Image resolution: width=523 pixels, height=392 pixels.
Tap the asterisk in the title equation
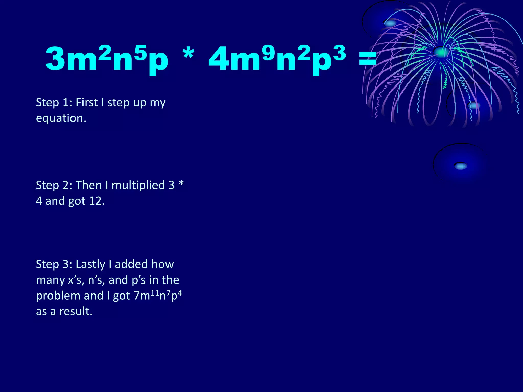click(188, 54)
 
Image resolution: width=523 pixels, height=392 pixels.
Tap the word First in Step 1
click(87, 102)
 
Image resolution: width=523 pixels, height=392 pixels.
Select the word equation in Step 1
click(61, 118)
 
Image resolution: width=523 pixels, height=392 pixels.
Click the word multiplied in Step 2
click(138, 185)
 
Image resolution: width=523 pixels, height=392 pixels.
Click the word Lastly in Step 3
click(90, 264)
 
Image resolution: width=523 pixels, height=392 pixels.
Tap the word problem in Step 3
click(58, 296)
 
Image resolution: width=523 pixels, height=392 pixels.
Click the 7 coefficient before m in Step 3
click(137, 296)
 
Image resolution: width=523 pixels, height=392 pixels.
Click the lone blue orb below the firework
click(461, 166)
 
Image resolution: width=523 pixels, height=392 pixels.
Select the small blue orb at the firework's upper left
click(390, 23)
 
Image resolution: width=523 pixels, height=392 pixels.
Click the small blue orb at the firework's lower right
click(474, 105)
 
